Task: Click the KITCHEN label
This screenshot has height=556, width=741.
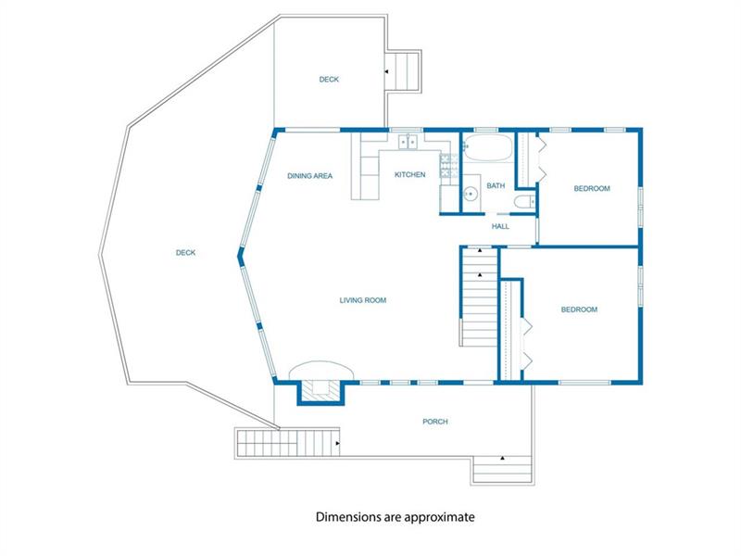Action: click(409, 174)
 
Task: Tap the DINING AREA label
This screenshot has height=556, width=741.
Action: click(310, 176)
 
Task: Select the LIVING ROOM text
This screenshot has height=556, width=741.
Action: click(363, 300)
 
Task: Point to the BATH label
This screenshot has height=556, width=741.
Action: click(496, 186)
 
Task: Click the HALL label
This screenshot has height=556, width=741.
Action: click(500, 226)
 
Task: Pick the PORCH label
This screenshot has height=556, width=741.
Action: click(435, 422)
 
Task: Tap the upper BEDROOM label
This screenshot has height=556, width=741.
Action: click(592, 189)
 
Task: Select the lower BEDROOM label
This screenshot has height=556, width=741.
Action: click(579, 310)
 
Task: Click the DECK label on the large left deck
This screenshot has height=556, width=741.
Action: click(186, 253)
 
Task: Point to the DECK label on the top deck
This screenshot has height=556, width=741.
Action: click(329, 80)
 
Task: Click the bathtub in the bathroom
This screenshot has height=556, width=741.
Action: click(488, 147)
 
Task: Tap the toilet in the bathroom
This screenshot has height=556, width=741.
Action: click(524, 202)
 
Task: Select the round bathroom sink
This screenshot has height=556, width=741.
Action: click(470, 194)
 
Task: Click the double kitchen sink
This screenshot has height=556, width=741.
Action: click(408, 142)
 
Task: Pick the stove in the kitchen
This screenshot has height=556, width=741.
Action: click(449, 166)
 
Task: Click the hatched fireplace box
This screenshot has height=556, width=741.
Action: click(320, 390)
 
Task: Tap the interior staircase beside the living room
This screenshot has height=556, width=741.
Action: click(479, 297)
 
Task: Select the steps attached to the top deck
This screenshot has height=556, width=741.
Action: click(402, 71)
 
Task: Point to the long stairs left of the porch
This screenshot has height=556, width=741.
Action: click(287, 443)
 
